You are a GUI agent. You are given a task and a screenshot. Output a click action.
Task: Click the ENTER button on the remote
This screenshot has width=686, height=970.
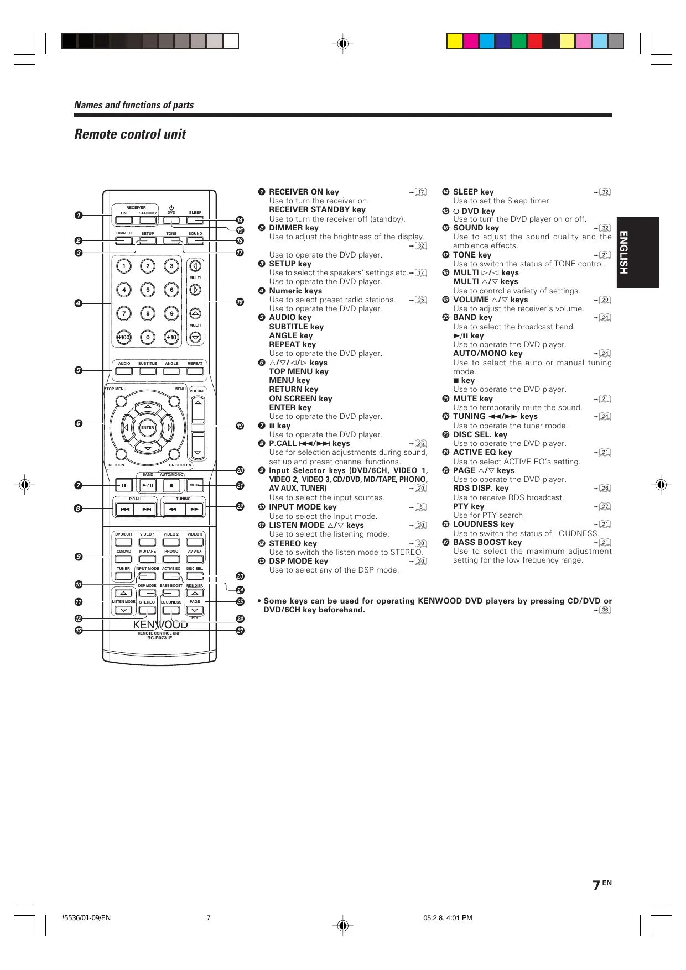(148, 427)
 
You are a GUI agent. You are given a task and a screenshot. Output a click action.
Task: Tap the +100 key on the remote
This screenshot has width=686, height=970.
(124, 337)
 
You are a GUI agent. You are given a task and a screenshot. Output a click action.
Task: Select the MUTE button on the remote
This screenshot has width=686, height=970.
(195, 485)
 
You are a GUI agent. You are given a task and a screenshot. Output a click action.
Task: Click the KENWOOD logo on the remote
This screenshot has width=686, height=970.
(160, 625)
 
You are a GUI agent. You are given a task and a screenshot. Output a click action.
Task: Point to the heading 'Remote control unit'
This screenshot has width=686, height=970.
(130, 134)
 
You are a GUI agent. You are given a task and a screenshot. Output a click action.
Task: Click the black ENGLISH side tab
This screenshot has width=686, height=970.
(638, 252)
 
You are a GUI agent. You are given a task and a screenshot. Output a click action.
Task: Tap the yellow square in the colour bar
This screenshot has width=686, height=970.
(455, 41)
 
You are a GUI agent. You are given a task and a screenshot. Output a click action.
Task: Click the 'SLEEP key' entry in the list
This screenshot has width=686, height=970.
(473, 192)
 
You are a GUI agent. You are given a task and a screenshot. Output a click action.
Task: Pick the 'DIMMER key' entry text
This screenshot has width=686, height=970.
(293, 228)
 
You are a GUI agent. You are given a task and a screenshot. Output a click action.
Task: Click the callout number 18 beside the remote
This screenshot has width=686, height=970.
(240, 302)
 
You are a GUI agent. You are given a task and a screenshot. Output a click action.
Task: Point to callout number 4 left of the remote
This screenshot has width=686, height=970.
(79, 303)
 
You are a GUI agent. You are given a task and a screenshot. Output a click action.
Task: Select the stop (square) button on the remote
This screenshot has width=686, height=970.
(171, 485)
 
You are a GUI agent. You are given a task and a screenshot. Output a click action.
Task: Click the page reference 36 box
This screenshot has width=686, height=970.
(605, 610)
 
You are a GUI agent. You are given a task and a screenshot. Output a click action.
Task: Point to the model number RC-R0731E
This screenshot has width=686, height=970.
(159, 638)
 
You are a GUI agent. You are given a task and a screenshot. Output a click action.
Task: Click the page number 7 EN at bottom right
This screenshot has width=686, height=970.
(601, 885)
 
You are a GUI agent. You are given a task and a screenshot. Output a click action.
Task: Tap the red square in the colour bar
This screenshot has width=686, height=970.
(535, 41)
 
